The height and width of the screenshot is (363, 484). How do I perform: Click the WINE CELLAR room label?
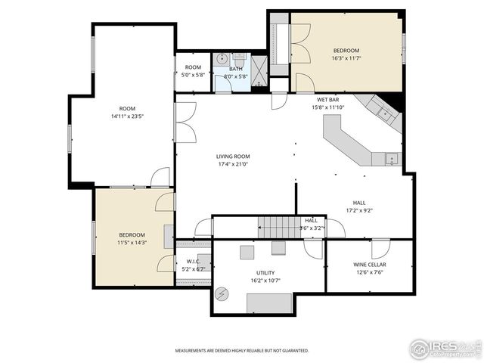(x=370, y=265)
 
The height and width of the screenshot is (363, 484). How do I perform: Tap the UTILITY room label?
(x=265, y=273)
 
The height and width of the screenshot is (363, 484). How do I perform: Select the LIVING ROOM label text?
(x=233, y=156)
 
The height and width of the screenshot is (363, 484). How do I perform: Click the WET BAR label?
(x=327, y=99)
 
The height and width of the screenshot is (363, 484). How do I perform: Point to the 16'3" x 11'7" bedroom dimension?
(x=346, y=58)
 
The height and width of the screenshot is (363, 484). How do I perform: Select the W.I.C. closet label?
(x=192, y=262)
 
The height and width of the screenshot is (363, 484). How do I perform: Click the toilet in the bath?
(x=240, y=59)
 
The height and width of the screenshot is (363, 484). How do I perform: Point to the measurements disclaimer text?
(x=242, y=351)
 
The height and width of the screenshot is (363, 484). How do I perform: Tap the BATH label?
(x=236, y=69)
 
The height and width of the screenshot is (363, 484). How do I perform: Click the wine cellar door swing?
(x=381, y=247)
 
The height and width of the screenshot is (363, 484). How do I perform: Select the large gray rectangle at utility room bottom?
(x=269, y=302)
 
